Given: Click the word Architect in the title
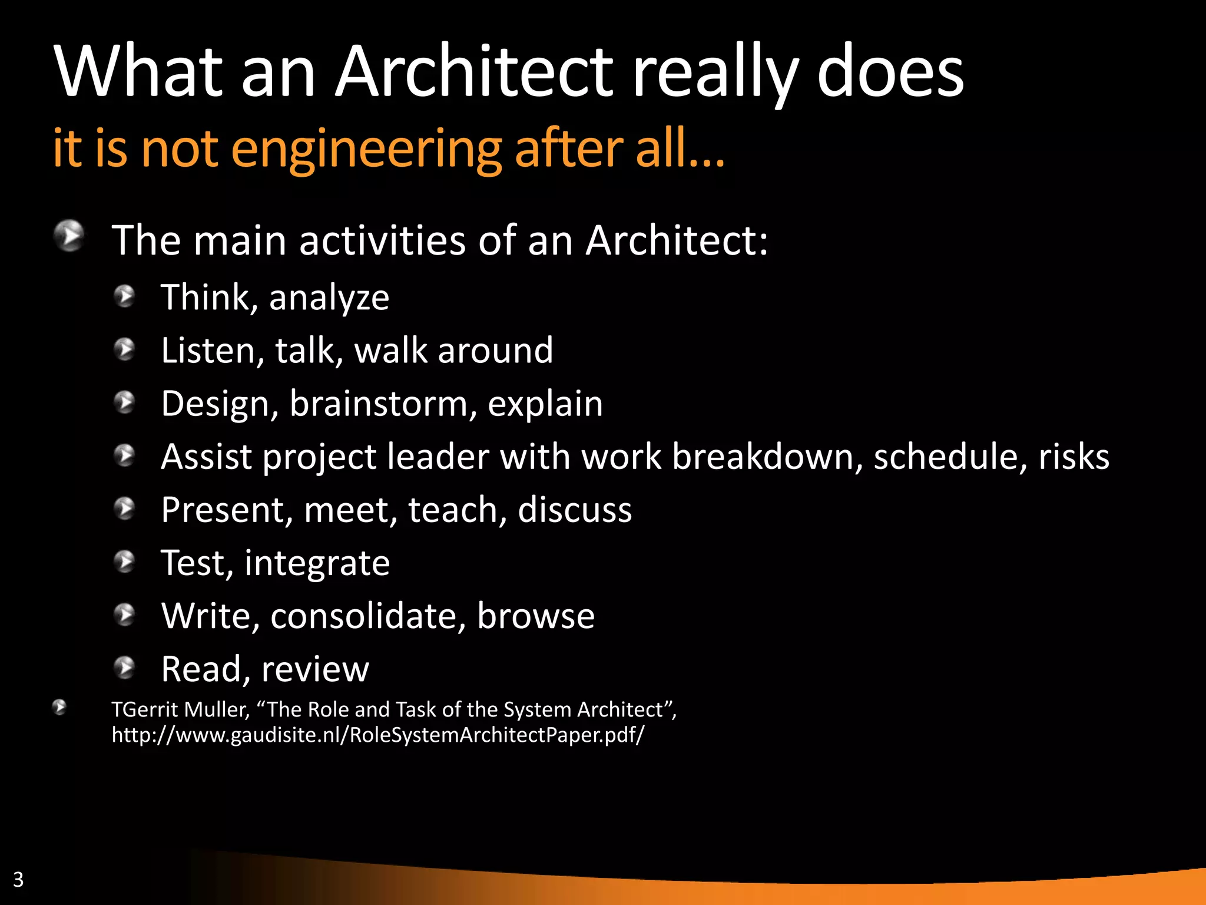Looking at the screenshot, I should [474, 72].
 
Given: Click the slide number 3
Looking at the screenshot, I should [18, 879].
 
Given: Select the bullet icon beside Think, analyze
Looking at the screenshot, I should [125, 296].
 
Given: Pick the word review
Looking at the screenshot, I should [315, 669].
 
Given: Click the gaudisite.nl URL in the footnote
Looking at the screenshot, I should [378, 735].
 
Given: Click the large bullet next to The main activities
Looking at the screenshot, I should [69, 236].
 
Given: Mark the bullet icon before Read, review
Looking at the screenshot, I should [125, 668].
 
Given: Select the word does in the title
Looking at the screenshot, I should [890, 72].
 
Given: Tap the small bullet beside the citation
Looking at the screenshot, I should [59, 707].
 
